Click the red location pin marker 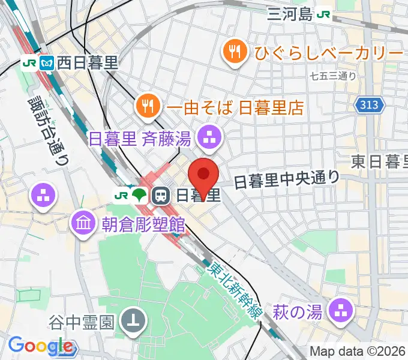(203, 175)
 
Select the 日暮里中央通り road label (286, 178)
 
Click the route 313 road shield (370, 106)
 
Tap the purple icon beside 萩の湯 (343, 311)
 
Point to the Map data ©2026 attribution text (358, 352)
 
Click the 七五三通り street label (333, 76)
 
